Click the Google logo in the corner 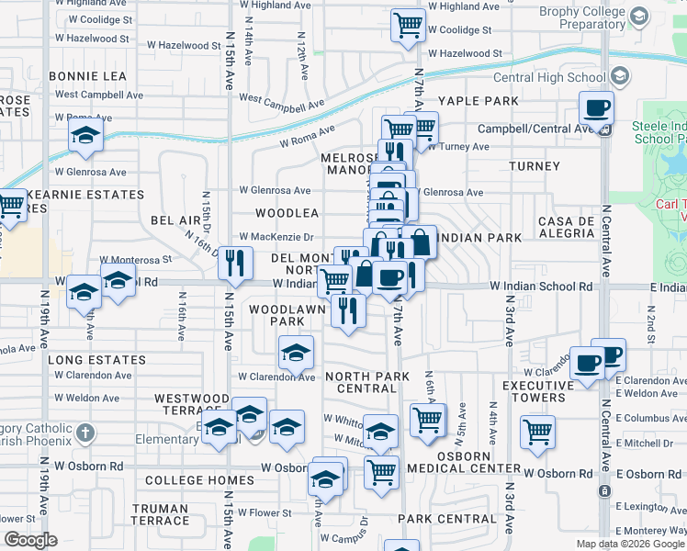click(x=29, y=540)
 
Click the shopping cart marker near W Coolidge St click(x=409, y=25)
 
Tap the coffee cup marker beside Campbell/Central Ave click(x=596, y=108)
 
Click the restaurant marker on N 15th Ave click(x=236, y=264)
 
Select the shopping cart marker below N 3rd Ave click(x=537, y=431)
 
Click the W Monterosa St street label click(x=136, y=260)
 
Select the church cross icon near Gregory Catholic click(x=84, y=432)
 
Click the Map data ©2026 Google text click(x=631, y=544)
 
